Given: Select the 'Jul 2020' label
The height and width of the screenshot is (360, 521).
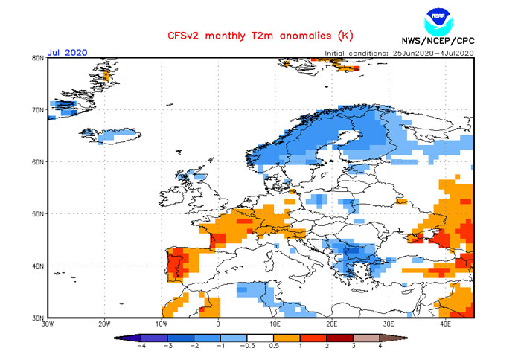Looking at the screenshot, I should [67, 52].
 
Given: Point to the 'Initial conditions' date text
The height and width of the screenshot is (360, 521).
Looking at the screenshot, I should [399, 53].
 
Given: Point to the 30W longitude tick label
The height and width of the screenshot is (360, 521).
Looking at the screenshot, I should [48, 324].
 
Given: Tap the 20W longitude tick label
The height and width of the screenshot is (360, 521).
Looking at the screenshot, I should [104, 324].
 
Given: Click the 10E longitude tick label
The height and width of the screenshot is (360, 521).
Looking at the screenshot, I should [275, 324].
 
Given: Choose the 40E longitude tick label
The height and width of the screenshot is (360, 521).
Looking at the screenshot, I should [445, 324].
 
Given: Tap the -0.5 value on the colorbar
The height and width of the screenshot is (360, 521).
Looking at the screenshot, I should [249, 347].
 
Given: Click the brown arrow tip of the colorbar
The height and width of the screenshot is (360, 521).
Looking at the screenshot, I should [403, 338].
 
